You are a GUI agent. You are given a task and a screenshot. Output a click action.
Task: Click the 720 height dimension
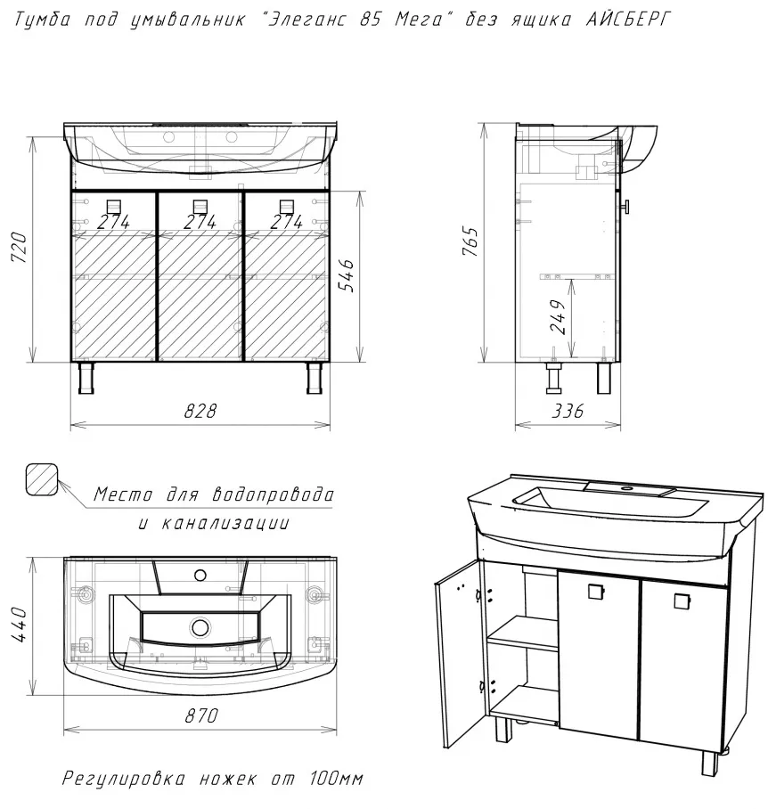pyautogui.click(x=20, y=248)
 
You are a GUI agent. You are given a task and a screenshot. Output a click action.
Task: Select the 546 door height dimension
pyautogui.click(x=347, y=276)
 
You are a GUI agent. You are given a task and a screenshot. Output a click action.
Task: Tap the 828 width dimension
pyautogui.click(x=200, y=412)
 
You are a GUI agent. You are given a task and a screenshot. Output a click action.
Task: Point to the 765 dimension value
pyautogui.click(x=470, y=241)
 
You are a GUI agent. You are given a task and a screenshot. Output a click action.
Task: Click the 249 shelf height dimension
pyautogui.click(x=558, y=317)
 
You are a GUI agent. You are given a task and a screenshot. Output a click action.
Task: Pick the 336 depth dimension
pyautogui.click(x=568, y=412)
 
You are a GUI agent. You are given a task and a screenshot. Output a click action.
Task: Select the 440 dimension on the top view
pyautogui.click(x=19, y=625)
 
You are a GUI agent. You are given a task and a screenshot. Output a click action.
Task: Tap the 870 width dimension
pyautogui.click(x=201, y=715)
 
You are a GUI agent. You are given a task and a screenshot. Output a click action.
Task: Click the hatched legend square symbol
pyautogui.click(x=41, y=478)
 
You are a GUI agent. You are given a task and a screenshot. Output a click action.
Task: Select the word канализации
pyautogui.click(x=225, y=523)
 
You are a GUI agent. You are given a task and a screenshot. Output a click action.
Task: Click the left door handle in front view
pyautogui.click(x=114, y=207)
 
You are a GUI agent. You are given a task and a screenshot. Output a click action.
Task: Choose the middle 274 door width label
pyautogui.click(x=200, y=222)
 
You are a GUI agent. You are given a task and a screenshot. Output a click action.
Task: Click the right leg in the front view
pyautogui.click(x=315, y=378)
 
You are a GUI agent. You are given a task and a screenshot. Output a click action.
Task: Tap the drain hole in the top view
pyautogui.click(x=199, y=627)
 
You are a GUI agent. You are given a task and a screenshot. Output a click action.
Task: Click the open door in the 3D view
pyautogui.click(x=458, y=655)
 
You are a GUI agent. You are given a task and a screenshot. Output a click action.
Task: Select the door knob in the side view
pyautogui.click(x=625, y=207)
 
